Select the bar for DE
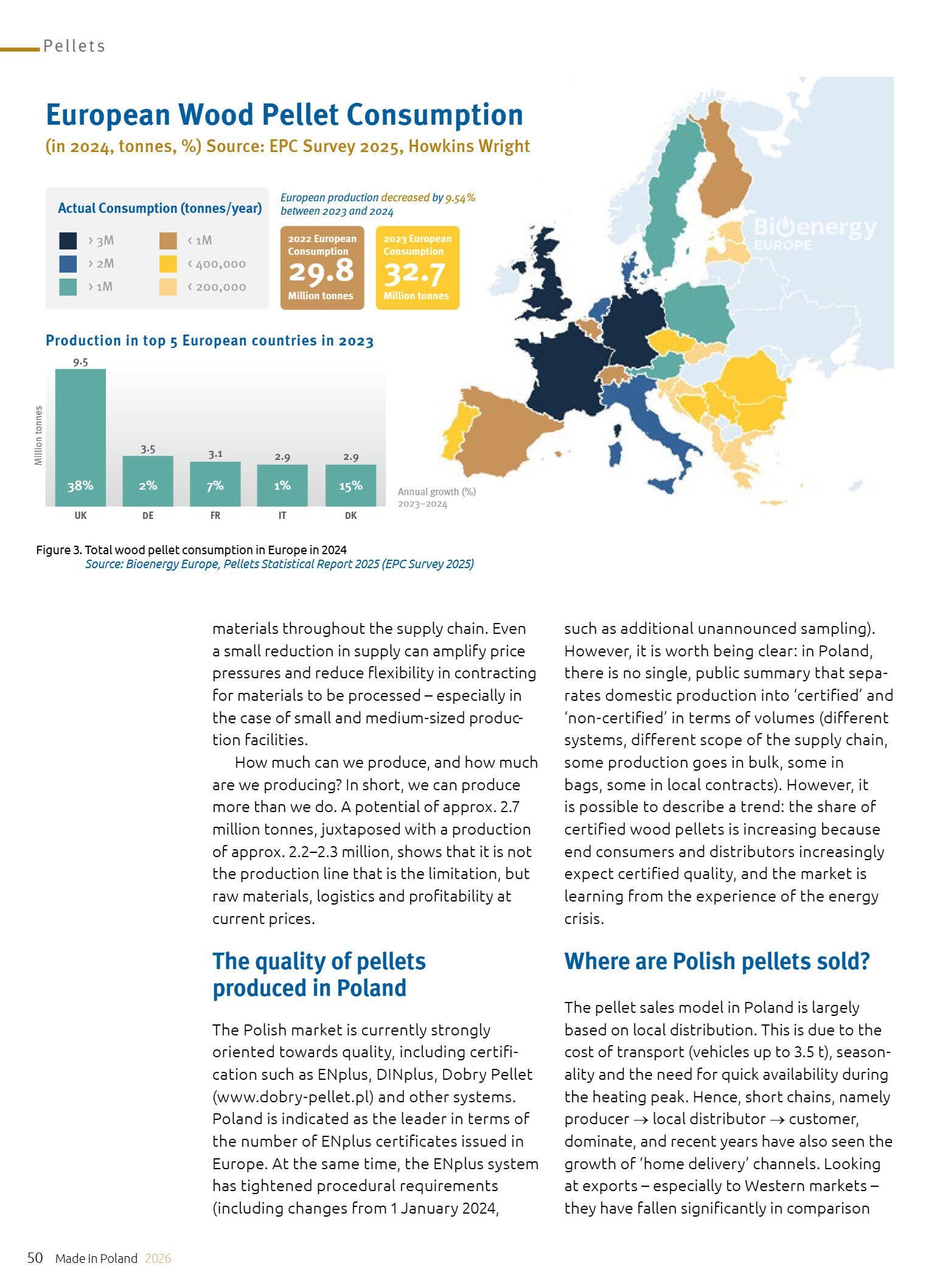click(x=148, y=481)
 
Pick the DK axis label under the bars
click(x=350, y=516)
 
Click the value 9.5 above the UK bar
click(x=80, y=362)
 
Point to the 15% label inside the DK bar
click(x=350, y=485)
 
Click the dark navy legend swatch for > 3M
click(x=68, y=240)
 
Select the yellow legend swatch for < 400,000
click(x=168, y=263)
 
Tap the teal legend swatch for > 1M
click(x=68, y=287)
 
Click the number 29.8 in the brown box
click(x=321, y=271)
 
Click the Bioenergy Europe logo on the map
click(x=814, y=233)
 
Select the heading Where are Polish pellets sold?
click(x=717, y=961)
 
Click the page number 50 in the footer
click(x=35, y=1258)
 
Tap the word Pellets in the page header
click(x=74, y=46)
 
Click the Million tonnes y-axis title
click(x=38, y=436)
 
